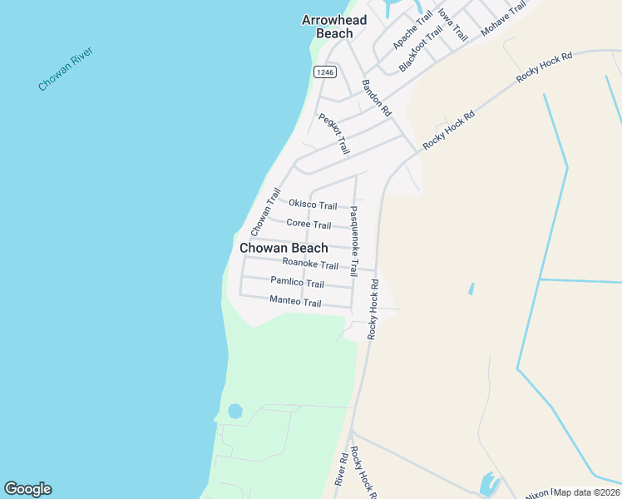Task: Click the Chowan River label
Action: [66, 70]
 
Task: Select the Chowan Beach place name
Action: [284, 248]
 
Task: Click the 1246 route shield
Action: [324, 72]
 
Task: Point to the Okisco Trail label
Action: [313, 205]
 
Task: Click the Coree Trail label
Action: [309, 224]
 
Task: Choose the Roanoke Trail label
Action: [310, 264]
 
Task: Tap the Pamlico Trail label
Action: [297, 283]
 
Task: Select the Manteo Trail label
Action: [295, 302]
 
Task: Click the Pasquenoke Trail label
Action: [353, 241]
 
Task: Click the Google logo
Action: [27, 489]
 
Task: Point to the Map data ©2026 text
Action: [587, 492]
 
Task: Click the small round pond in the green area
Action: [234, 411]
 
